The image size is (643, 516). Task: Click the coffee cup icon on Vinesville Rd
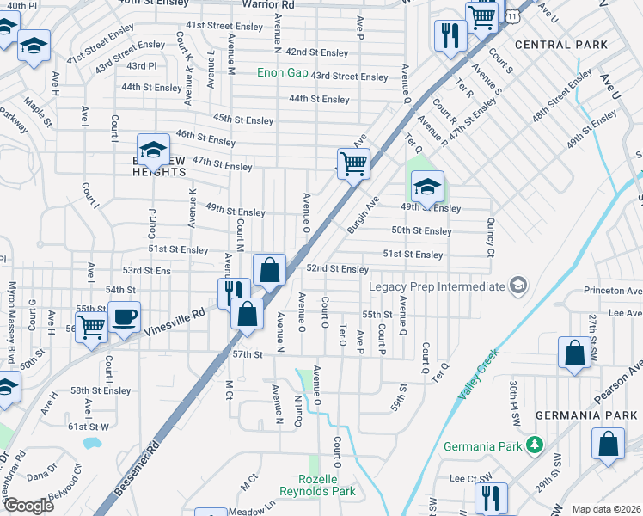[124, 316]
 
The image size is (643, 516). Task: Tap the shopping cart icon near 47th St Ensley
[353, 162]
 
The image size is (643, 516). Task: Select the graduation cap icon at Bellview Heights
[152, 149]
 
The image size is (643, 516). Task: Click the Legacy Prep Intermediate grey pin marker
[517, 286]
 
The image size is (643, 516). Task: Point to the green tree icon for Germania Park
[535, 445]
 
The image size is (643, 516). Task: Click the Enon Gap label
[282, 73]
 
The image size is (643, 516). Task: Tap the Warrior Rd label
[267, 4]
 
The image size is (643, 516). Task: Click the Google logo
[29, 506]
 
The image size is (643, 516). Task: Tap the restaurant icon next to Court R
[450, 35]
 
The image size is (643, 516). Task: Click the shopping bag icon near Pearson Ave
[574, 353]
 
